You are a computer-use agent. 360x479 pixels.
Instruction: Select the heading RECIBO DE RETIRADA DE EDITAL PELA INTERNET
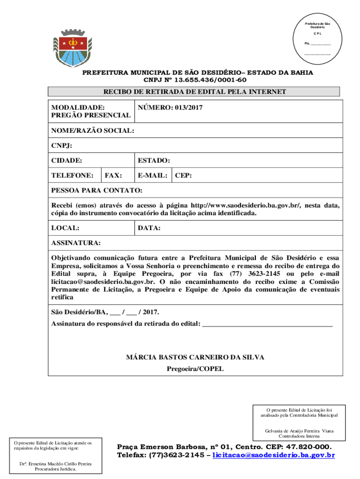click(x=194, y=92)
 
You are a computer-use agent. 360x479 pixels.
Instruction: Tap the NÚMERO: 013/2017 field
click(x=170, y=108)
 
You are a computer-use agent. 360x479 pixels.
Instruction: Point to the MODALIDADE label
click(x=78, y=108)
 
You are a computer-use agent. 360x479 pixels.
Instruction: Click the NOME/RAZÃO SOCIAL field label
click(x=93, y=131)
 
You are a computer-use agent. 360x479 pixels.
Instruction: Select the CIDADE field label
click(x=67, y=161)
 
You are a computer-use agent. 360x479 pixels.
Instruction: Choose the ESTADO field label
click(x=154, y=161)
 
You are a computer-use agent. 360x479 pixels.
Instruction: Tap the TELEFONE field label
click(x=72, y=176)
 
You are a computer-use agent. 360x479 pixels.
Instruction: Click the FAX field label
click(x=114, y=176)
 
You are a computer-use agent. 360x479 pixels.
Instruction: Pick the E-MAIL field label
click(x=153, y=176)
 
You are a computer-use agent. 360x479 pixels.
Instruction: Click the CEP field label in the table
click(x=183, y=176)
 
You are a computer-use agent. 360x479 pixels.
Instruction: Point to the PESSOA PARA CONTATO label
click(x=97, y=191)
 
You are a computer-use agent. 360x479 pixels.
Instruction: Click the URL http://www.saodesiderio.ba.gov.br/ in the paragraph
click(x=249, y=205)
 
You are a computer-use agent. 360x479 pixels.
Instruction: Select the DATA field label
click(x=149, y=228)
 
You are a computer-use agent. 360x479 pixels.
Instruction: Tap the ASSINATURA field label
click(x=75, y=243)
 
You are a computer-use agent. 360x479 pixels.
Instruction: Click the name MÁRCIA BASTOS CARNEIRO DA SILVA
click(x=195, y=357)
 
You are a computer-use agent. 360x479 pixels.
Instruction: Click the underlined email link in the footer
click(x=274, y=455)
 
